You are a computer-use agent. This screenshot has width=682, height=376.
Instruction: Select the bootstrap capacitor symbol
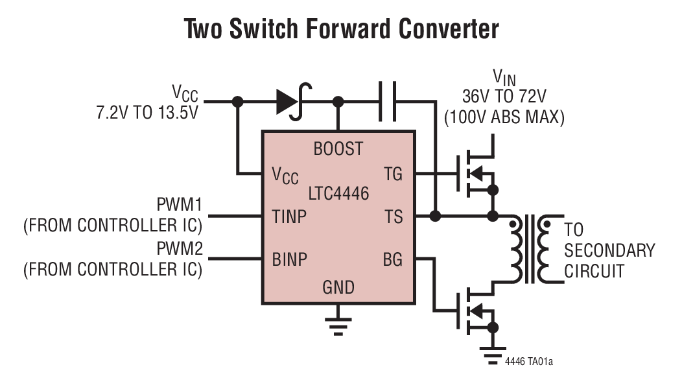point(388,101)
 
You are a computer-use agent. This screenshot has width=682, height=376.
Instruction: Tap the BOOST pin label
point(338,148)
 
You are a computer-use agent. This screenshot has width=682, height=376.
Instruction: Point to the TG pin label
point(393,174)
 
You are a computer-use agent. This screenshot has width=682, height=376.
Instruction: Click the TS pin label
point(394,216)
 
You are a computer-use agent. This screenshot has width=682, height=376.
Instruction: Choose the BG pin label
point(393,259)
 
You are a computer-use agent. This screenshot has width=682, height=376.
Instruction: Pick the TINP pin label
point(289,216)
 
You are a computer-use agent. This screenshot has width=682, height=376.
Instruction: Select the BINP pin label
point(289,259)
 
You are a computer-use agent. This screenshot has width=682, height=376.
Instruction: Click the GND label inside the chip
point(338,286)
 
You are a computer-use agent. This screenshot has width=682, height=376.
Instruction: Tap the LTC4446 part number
point(338,193)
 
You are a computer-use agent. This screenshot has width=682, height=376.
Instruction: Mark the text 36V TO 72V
point(504,97)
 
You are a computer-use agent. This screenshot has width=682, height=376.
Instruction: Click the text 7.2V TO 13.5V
point(147,112)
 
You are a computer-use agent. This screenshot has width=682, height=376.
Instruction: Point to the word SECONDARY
point(609,250)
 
